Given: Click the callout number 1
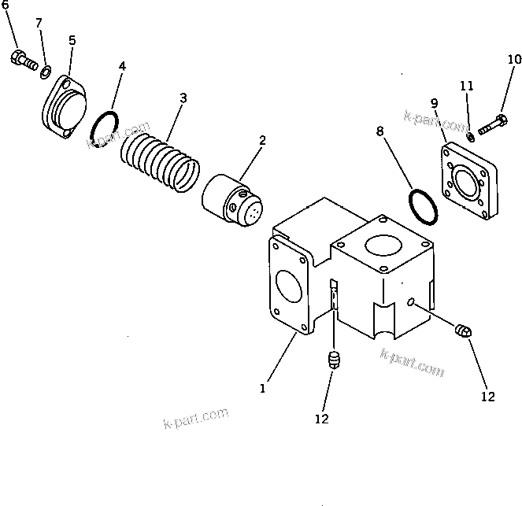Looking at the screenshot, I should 263,387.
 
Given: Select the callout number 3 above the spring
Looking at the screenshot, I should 183,98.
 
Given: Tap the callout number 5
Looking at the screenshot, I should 72,39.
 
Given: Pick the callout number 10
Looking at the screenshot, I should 513,59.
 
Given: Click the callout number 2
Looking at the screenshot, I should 262,140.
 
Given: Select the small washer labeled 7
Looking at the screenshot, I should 46,73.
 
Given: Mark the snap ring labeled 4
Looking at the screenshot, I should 104,129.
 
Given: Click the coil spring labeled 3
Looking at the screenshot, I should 161,161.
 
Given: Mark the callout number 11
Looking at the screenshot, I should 466,84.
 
